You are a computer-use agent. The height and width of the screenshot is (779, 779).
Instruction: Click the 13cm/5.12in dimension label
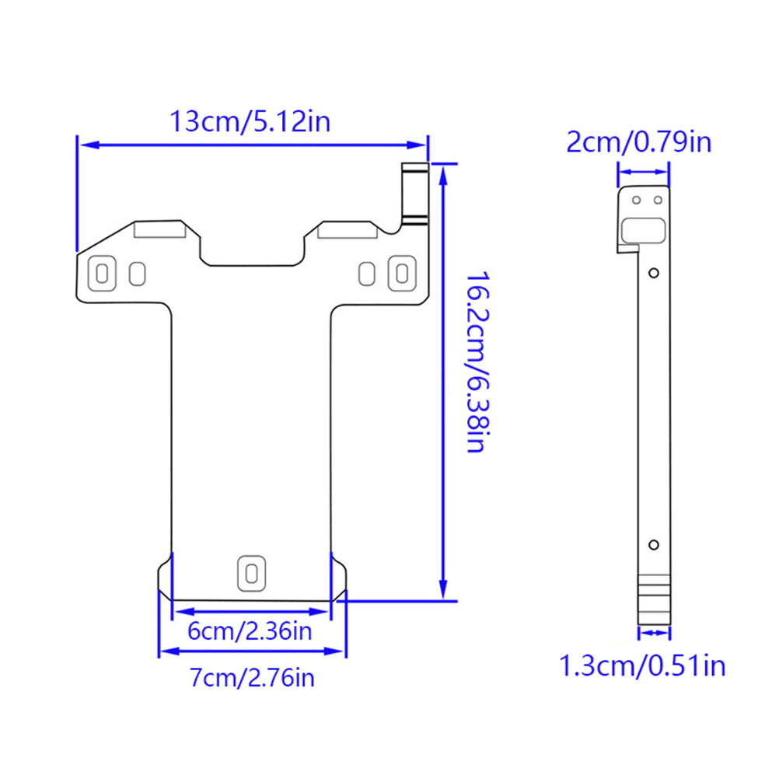pos(250,122)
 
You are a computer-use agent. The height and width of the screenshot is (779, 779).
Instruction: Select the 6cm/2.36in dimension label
pos(250,631)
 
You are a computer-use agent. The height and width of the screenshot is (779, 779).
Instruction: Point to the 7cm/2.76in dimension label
pos(252,678)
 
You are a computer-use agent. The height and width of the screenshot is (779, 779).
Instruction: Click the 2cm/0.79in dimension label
pos(639,142)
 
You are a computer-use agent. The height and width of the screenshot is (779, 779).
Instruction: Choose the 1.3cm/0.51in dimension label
pos(642,665)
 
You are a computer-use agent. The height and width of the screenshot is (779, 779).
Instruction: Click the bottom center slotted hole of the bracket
pos(251,573)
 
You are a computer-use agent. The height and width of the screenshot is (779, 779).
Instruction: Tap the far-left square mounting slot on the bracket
pos(102,273)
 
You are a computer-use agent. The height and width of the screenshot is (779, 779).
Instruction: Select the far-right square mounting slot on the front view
pos(402,273)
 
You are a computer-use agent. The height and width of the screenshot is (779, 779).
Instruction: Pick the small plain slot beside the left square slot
pos(137,274)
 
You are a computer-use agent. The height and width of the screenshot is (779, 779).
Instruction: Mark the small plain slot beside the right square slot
pos(367,274)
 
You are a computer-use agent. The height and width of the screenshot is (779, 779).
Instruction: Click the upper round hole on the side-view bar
pos(654,273)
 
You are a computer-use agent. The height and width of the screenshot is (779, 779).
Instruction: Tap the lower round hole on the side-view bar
pos(654,545)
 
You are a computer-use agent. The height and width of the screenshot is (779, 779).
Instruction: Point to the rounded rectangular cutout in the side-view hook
pos(644,231)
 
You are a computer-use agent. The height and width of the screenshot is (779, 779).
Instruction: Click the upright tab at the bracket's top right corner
pos(415,194)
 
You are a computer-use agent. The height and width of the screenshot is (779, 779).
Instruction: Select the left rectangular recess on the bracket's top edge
pos(160,229)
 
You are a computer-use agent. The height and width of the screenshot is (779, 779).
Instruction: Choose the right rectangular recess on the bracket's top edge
pos(348,230)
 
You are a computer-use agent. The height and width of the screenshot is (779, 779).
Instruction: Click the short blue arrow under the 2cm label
pos(644,172)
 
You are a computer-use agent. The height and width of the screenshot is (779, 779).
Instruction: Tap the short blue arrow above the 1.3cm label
pos(655,632)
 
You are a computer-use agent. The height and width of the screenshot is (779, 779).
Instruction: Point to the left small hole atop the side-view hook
pos(637,201)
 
